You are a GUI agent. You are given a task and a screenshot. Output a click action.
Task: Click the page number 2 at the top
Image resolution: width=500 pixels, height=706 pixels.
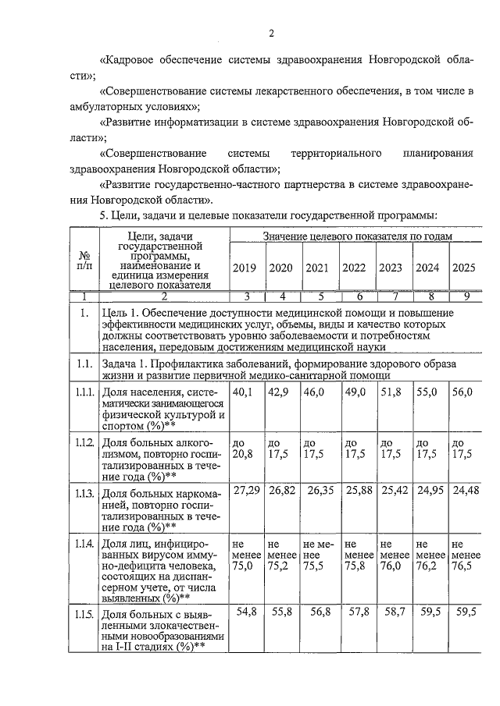coord(271,33)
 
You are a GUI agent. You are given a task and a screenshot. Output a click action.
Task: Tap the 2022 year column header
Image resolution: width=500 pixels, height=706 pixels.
coord(354,268)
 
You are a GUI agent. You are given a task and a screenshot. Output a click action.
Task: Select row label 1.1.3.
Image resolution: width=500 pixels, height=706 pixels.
coord(84,494)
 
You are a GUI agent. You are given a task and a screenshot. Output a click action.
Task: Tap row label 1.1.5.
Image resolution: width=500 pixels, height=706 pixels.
coord(84,609)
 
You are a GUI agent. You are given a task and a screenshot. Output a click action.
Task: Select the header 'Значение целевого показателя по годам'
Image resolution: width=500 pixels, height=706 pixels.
coord(357,236)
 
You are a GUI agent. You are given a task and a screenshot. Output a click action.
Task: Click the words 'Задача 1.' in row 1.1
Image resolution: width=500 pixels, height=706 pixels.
coord(128,363)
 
